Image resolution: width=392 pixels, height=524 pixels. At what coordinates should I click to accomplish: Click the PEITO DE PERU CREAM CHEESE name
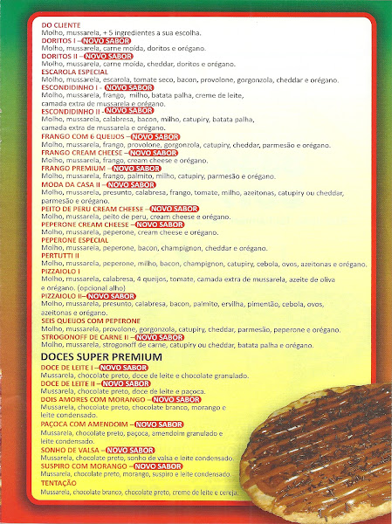(x=92, y=209)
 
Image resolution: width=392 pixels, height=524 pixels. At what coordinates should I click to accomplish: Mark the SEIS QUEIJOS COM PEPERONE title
(x=86, y=321)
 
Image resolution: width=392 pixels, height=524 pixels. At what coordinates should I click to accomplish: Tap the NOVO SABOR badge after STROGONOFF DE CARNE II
(x=160, y=337)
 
